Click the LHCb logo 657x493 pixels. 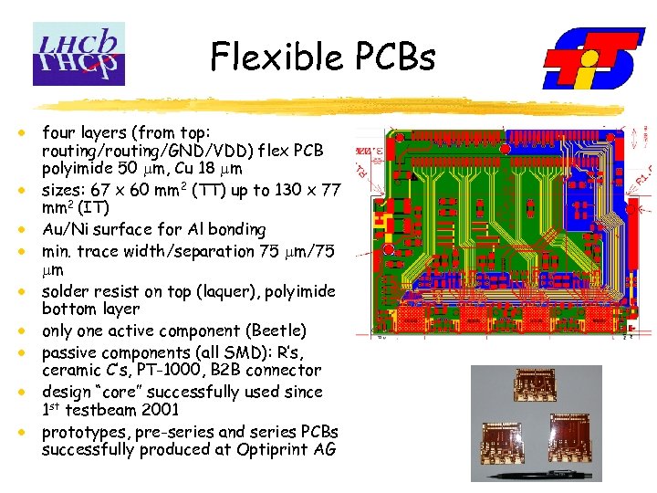[78, 53]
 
